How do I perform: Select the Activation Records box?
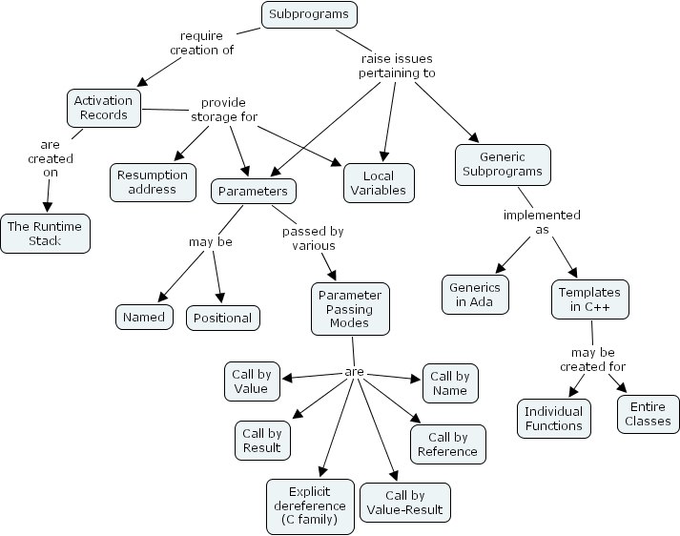coord(103,107)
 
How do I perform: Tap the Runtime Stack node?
coord(45,234)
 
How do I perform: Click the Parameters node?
coord(253,191)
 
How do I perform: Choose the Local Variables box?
coord(378,182)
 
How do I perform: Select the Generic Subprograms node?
coord(503,164)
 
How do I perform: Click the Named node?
coord(144,318)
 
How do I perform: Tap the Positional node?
coord(222,318)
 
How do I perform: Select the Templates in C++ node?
coord(589,299)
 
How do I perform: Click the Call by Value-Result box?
coord(404,503)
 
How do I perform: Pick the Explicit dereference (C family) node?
coord(309,505)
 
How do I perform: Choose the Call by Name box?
coord(449,383)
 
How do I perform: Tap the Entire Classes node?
coord(649,413)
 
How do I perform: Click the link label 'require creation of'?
coord(201,43)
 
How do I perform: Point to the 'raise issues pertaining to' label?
coord(397,66)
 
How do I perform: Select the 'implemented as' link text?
coord(541,222)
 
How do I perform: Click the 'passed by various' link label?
coord(313,238)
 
